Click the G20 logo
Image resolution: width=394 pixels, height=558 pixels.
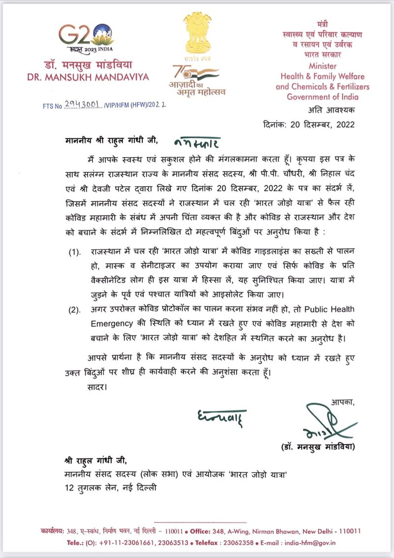86,37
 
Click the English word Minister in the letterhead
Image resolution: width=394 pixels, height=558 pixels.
323,66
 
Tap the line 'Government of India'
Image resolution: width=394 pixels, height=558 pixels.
323,97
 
